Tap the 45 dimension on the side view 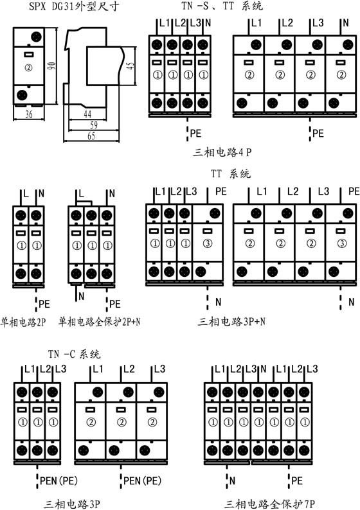point(130,66)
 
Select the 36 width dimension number point(29,114)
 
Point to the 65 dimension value point(91,136)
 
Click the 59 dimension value point(93,125)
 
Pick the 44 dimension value point(87,114)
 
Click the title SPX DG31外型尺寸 point(74,6)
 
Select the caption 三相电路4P point(222,152)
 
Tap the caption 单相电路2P point(23,322)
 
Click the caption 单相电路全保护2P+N point(99,322)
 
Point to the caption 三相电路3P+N point(231,322)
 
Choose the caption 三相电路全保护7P point(269,504)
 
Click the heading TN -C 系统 point(74,353)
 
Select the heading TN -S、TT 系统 point(222,6)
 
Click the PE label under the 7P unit point(297,480)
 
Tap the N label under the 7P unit point(232,480)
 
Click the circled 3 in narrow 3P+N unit point(208,243)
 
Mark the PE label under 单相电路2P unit point(44,304)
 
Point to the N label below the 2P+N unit point(82,296)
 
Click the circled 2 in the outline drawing point(29,67)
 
